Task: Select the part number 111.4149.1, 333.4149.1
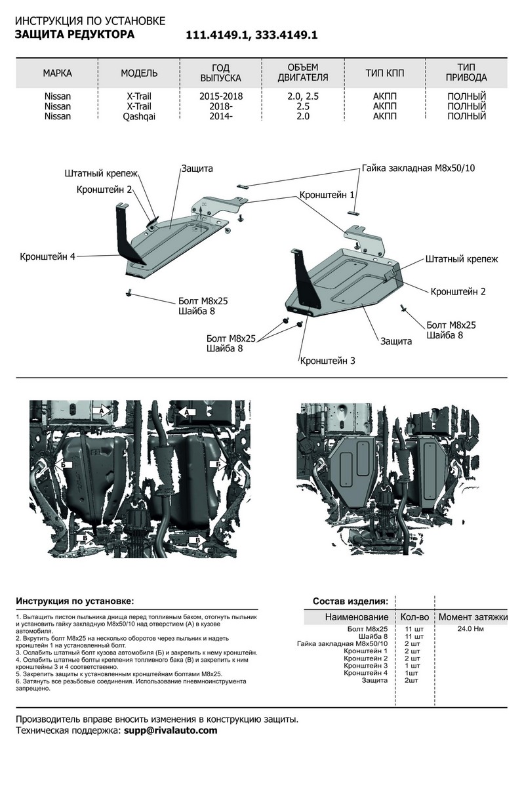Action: point(252,36)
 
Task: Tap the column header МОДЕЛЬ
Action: point(139,73)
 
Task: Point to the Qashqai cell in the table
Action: point(139,116)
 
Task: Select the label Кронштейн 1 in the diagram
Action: point(327,195)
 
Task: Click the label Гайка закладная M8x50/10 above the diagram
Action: point(418,168)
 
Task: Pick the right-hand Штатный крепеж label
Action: point(461,259)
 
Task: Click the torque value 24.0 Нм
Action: point(471,629)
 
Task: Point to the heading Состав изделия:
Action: point(350,600)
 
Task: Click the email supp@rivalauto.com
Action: point(170,730)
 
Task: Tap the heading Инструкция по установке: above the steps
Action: point(74,601)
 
